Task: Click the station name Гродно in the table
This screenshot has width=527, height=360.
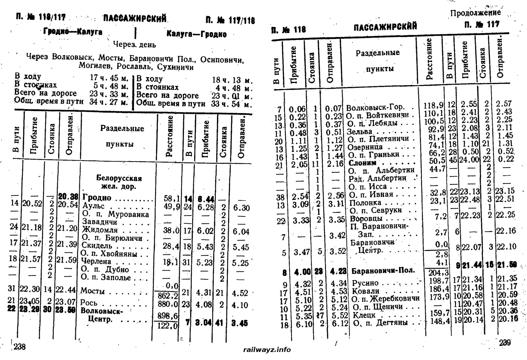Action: pyautogui.click(x=97, y=198)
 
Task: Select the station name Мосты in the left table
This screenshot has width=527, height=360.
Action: pyautogui.click(x=93, y=291)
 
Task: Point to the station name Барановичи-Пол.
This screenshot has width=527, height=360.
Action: pyautogui.click(x=383, y=270)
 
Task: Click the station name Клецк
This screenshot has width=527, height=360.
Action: pyautogui.click(x=364, y=315)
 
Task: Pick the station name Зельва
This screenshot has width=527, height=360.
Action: pyautogui.click(x=359, y=132)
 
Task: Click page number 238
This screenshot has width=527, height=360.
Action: pyautogui.click(x=19, y=347)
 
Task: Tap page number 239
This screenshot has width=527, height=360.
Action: pyautogui.click(x=505, y=343)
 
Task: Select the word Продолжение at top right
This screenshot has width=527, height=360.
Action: pyautogui.click(x=475, y=13)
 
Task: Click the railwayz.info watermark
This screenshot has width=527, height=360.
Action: pyautogui.click(x=267, y=350)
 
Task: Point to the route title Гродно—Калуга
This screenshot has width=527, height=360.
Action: pyautogui.click(x=73, y=32)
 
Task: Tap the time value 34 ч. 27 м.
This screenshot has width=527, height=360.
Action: pyautogui.click(x=109, y=102)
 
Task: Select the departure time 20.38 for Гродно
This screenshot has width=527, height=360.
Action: pyautogui.click(x=68, y=197)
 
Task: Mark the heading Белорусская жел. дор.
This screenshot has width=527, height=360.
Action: pyautogui.click(x=119, y=182)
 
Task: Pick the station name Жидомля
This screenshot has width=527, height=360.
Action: pyautogui.click(x=100, y=230)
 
